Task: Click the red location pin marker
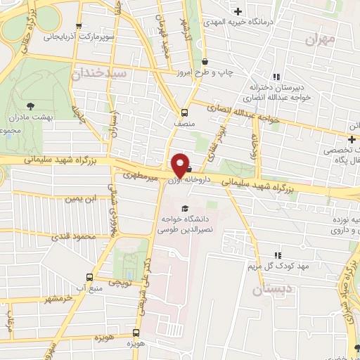coord(181,165)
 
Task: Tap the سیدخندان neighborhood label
coord(98,72)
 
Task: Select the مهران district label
coord(321,39)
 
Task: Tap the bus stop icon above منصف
coord(184,112)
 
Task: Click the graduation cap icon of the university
coord(184,207)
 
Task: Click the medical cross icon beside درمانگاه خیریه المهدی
coord(238,11)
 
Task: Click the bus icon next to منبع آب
coord(89,276)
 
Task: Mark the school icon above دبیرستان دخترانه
coord(278,76)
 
